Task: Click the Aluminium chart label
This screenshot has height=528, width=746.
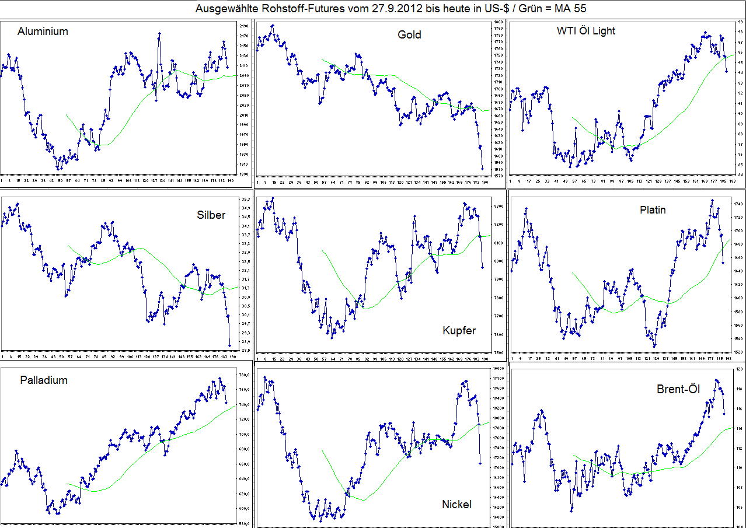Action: (x=43, y=32)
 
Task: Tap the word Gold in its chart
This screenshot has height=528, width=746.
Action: (x=409, y=35)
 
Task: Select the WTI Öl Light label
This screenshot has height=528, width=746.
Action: (x=586, y=31)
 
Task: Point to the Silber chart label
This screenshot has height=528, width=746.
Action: (x=211, y=215)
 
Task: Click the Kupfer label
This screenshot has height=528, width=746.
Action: (x=459, y=331)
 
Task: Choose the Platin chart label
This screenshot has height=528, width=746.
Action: (x=653, y=210)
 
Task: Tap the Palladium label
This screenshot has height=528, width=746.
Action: (x=44, y=380)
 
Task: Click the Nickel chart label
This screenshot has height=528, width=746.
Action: (x=456, y=504)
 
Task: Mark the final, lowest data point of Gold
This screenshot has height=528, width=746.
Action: (x=482, y=169)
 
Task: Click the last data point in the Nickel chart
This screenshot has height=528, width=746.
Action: (x=480, y=463)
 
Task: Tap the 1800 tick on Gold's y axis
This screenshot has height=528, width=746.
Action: (x=498, y=22)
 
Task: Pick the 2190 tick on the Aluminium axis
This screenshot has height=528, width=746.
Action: (x=243, y=26)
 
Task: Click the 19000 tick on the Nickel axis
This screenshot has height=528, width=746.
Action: (x=498, y=369)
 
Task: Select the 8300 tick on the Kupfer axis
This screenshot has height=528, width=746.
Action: (x=498, y=207)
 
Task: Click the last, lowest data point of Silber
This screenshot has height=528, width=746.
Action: (x=229, y=345)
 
